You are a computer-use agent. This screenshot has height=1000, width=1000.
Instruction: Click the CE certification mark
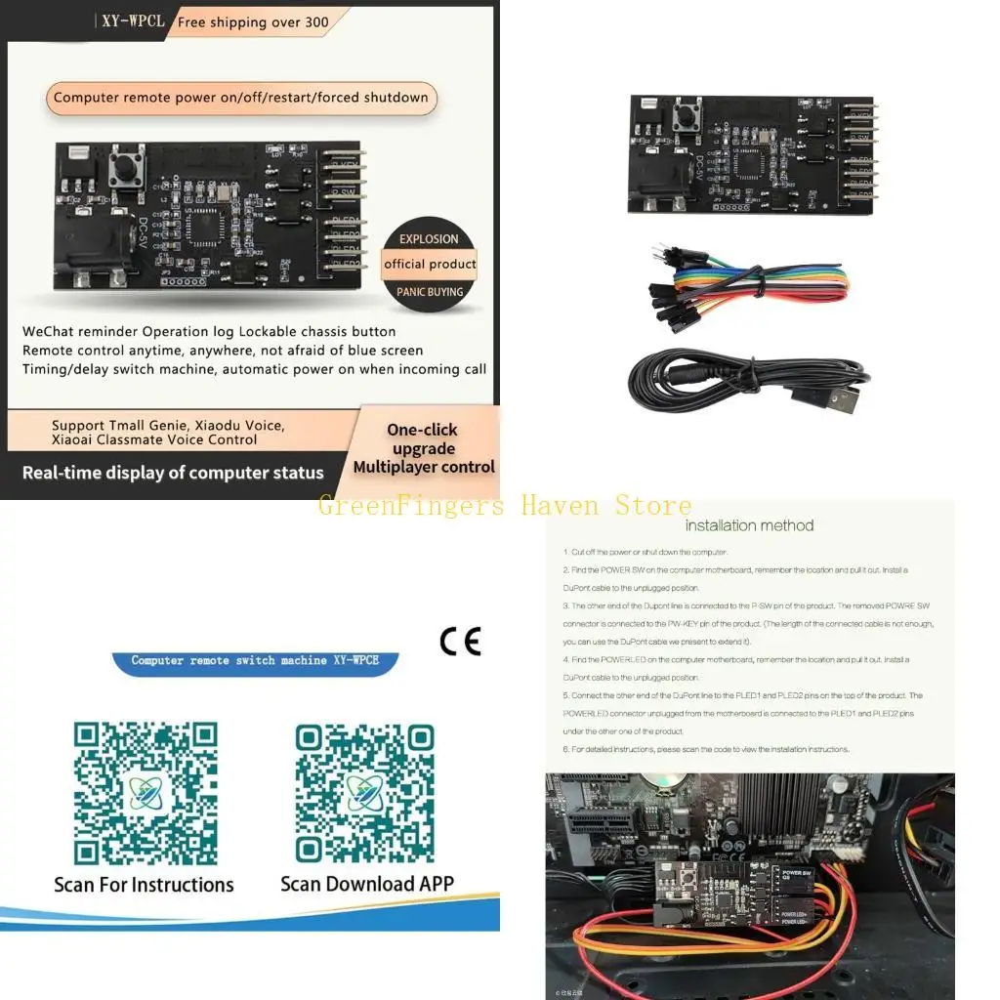(460, 641)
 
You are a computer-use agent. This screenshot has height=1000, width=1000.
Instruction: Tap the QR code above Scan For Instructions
(146, 793)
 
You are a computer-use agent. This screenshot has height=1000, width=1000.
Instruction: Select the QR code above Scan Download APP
(364, 793)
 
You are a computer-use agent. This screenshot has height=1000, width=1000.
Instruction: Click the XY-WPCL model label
(133, 21)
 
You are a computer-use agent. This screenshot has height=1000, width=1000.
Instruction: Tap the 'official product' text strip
(430, 264)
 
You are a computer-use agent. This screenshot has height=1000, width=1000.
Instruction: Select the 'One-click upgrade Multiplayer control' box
(424, 448)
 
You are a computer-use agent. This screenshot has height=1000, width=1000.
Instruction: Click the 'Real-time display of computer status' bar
(173, 473)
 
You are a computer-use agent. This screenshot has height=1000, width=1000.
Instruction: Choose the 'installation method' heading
(749, 525)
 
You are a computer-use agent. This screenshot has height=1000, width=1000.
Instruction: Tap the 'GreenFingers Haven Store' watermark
(504, 506)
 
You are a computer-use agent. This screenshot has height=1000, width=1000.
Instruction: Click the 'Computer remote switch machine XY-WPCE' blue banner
(255, 661)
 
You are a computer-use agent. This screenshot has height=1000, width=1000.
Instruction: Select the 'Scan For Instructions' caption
(144, 885)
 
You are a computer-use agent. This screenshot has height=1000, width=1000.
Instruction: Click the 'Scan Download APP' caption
(366, 884)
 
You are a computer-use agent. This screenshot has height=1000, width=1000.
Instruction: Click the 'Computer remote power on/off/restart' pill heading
(241, 98)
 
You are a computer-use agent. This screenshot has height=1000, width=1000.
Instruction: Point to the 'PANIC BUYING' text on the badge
(430, 291)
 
